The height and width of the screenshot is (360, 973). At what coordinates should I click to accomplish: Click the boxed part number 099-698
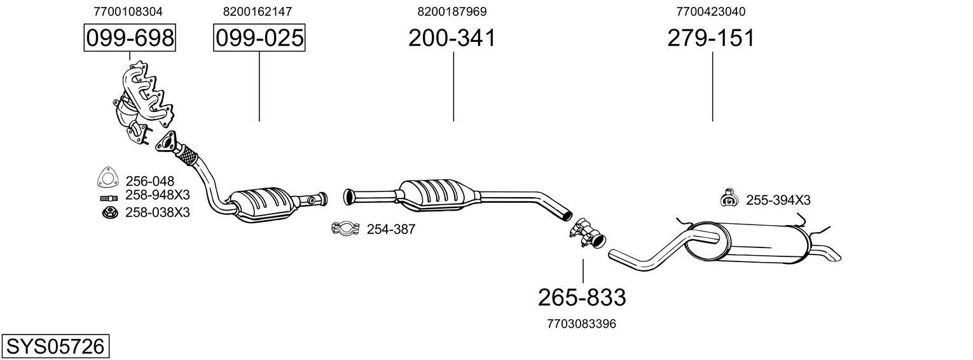click(x=130, y=38)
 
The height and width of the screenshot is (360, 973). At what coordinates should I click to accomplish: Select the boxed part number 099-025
click(x=259, y=38)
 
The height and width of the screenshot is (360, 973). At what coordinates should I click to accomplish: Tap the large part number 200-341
click(x=452, y=38)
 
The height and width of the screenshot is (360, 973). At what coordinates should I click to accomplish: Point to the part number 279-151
click(x=711, y=38)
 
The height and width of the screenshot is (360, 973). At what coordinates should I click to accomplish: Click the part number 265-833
click(x=582, y=297)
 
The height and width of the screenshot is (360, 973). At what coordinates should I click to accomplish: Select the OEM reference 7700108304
click(x=128, y=11)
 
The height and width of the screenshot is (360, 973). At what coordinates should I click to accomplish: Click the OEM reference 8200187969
click(x=452, y=11)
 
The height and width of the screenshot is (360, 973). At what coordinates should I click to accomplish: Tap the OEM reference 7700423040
click(x=711, y=11)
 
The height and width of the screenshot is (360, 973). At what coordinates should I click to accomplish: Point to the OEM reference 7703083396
click(x=581, y=324)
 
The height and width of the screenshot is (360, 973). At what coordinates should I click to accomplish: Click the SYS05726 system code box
click(x=55, y=347)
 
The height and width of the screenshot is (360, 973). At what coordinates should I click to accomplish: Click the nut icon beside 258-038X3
click(x=109, y=212)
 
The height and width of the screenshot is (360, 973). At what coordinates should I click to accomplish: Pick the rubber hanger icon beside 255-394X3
click(x=728, y=199)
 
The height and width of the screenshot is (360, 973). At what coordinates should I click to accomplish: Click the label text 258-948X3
click(x=158, y=195)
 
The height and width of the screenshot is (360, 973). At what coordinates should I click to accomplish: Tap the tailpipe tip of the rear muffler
click(x=831, y=255)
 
